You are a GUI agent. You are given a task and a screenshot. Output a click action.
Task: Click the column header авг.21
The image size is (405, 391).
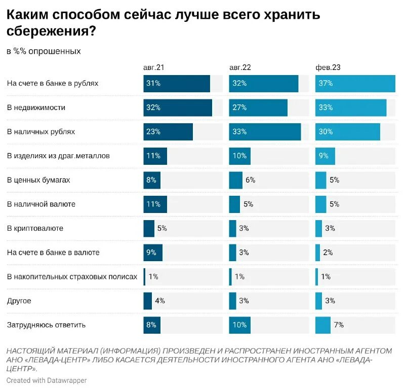153,67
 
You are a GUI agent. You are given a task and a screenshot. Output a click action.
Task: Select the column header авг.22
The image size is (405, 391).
240,67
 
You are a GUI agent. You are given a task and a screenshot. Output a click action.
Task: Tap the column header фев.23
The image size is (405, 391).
328,67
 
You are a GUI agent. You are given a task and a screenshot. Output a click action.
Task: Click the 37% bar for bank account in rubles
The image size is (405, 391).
355,84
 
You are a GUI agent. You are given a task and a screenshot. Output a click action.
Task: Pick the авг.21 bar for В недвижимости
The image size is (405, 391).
177,108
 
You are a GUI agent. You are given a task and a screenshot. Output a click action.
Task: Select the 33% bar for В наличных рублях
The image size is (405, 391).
264,132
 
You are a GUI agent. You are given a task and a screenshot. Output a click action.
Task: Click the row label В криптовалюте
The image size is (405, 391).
35,228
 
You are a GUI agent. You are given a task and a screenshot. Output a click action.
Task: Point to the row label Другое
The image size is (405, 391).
19,301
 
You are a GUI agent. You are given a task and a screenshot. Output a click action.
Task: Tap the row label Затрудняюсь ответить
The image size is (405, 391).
46,325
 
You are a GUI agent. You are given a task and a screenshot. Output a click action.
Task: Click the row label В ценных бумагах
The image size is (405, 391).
38,180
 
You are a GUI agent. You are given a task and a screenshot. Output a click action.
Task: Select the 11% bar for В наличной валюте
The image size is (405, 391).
155,204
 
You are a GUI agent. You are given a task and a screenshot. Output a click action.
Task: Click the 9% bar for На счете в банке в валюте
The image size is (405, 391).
153,253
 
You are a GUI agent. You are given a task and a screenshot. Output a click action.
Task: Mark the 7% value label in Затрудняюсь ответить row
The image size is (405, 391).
338,325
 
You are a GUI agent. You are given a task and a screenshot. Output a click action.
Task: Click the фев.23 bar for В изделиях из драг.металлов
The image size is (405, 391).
325,156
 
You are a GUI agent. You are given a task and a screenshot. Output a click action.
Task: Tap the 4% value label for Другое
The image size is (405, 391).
159,301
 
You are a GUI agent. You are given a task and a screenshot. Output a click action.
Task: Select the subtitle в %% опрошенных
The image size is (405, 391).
44,51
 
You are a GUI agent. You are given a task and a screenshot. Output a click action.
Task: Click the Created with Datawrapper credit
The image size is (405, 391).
47,380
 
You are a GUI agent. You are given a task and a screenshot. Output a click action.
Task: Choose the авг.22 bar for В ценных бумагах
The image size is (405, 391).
235,180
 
